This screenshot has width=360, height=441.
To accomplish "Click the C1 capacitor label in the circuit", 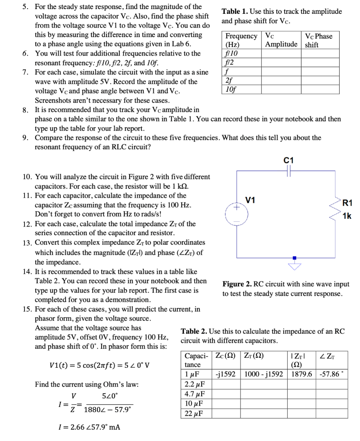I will point(289,160).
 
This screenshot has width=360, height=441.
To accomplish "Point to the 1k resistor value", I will point(347,216).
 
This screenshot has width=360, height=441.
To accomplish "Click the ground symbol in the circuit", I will point(295,264).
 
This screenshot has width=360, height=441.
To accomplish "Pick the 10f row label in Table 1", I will point(232,90).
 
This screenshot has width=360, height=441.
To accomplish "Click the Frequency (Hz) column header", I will point(242,40).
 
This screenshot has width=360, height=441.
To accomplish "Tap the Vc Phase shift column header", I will point(318,40).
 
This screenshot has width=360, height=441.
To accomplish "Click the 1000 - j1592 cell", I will point(264,373).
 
